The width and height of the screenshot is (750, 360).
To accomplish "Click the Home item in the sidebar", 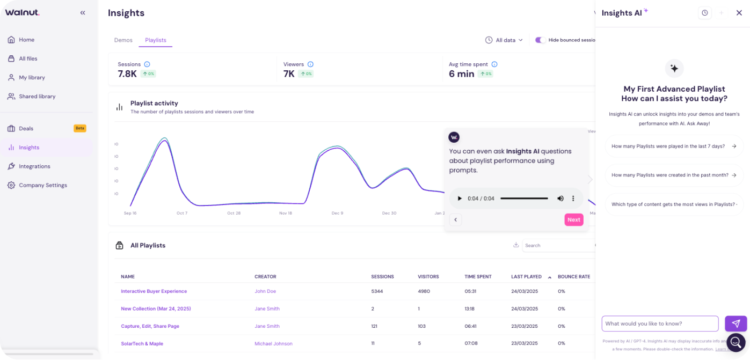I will (x=26, y=40).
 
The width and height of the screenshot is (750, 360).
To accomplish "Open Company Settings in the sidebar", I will (x=43, y=185).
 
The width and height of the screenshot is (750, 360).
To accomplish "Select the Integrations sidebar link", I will (x=34, y=166).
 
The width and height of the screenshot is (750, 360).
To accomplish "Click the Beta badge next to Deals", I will (x=80, y=128).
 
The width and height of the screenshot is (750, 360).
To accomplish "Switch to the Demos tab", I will (x=123, y=40).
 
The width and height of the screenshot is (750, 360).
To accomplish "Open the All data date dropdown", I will (x=504, y=40).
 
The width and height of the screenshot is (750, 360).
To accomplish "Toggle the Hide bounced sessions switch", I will (x=540, y=40).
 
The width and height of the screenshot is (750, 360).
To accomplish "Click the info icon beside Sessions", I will (x=147, y=64).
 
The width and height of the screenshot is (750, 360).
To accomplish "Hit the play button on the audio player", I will (x=460, y=199).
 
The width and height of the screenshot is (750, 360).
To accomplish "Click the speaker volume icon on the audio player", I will (x=560, y=199).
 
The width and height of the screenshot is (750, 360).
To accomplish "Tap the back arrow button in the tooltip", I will (x=455, y=219).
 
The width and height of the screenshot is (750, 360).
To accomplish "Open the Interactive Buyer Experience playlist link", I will (x=154, y=291).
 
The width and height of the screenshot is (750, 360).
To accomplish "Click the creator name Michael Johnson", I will (x=273, y=343).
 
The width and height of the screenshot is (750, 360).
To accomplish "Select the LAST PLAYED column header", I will (x=526, y=277).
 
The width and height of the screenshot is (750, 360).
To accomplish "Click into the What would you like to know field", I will (x=660, y=324).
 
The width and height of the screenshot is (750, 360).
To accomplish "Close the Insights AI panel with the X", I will (x=739, y=13).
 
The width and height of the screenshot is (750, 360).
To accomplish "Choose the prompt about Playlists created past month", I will (x=674, y=175).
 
